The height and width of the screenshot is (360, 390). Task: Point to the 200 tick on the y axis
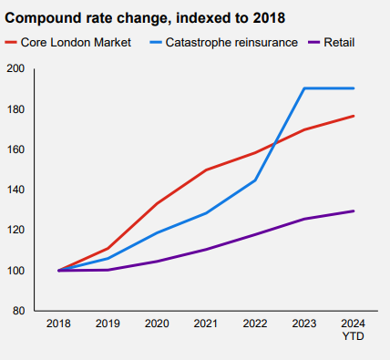[x=15, y=69]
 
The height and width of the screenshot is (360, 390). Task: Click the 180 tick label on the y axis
[x=15, y=109]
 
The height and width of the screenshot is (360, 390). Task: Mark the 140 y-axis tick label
[x=15, y=190]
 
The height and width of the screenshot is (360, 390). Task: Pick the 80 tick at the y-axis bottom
[x=18, y=311]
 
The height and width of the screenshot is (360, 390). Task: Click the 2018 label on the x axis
[x=58, y=324]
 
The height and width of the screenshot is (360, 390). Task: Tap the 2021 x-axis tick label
[x=206, y=324]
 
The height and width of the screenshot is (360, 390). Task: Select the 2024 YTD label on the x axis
[x=354, y=329]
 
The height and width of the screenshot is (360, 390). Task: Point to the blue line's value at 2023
[x=304, y=88]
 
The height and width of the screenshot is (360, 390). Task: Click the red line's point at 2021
[x=206, y=170]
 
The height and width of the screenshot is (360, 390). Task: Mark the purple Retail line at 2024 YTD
[x=354, y=211]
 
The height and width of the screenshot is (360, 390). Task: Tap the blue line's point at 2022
[x=255, y=180]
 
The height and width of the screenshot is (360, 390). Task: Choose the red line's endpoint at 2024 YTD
[x=354, y=116]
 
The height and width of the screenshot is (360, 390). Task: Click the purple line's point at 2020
[x=157, y=262]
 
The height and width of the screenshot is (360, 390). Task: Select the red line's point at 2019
[x=108, y=249]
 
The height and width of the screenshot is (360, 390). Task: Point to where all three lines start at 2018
[x=58, y=271]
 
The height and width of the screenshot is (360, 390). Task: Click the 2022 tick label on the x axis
[x=255, y=324]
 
